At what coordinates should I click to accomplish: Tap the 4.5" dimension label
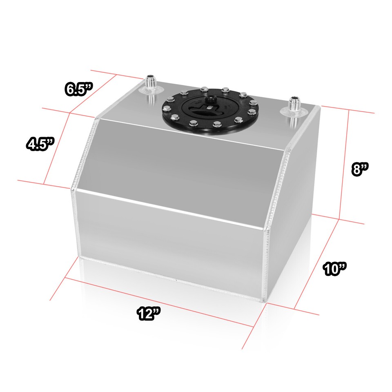(40, 144)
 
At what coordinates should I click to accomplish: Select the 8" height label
(361, 168)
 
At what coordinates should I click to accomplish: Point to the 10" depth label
(334, 269)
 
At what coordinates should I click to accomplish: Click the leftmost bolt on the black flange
(167, 109)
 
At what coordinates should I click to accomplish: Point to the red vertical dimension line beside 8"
(344, 163)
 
